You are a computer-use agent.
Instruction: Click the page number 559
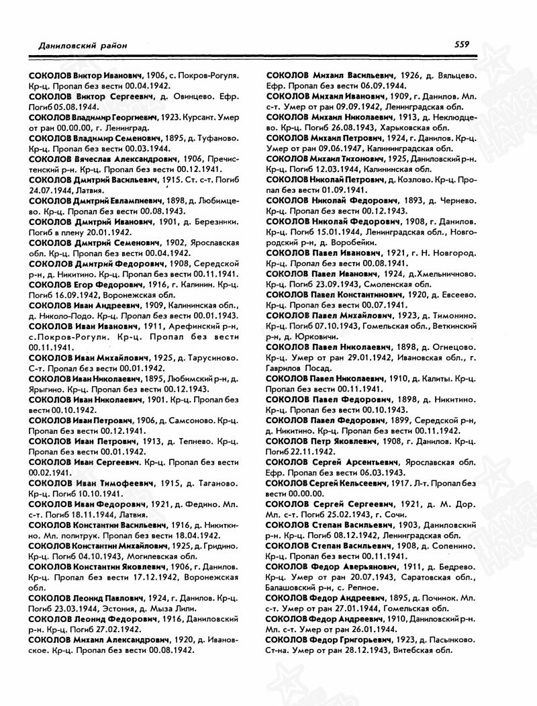click(461, 44)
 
